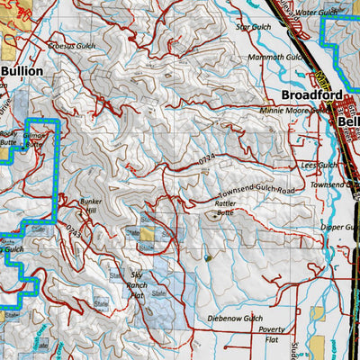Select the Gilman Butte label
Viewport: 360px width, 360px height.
[x=34, y=139]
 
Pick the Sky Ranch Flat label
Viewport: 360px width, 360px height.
[x=137, y=282]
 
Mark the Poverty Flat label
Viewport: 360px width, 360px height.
[x=272, y=335]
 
